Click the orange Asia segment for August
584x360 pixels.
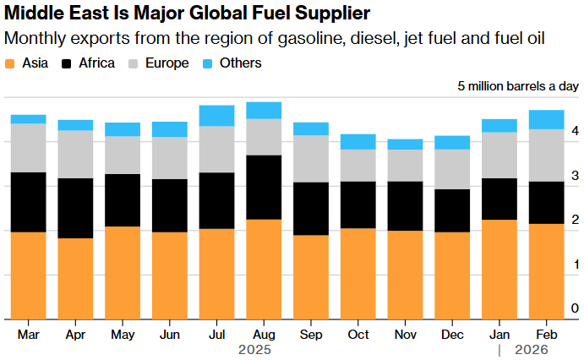click(264, 269)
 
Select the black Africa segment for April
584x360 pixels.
click(75, 208)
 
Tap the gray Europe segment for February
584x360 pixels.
click(546, 155)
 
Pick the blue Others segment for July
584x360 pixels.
click(216, 116)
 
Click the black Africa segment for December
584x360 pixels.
click(452, 210)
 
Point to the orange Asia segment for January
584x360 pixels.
click(499, 269)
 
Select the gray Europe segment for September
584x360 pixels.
click(311, 159)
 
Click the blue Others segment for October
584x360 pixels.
click(358, 142)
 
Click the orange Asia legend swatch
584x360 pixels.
click(10, 63)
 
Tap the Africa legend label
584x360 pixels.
click(96, 63)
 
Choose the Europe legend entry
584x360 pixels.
click(161, 63)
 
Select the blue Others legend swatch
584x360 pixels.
click(209, 63)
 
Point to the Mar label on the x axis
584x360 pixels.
click(29, 334)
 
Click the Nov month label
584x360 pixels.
click(405, 334)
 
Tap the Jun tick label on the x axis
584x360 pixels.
click(170, 334)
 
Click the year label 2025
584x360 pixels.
click(253, 349)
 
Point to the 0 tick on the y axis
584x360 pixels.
click(575, 309)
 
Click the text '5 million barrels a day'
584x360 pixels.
click(518, 86)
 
